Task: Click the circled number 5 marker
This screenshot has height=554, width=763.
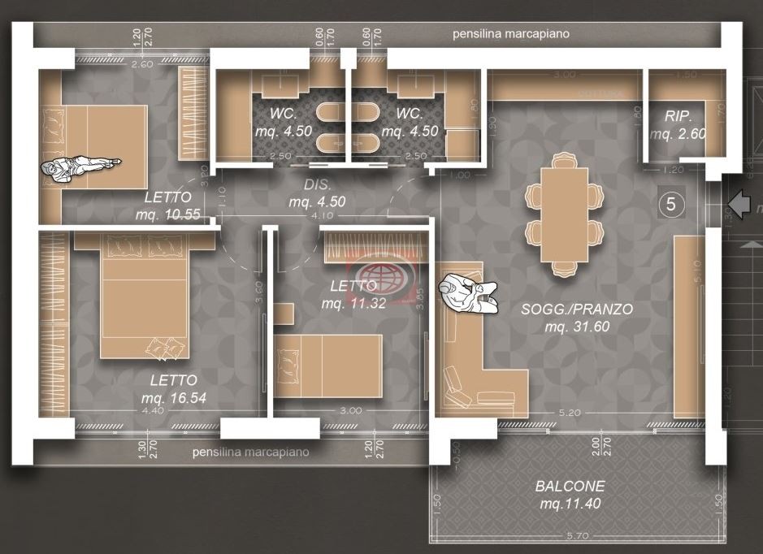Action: click(671, 204)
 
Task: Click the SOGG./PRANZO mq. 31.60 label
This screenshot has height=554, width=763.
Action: click(577, 318)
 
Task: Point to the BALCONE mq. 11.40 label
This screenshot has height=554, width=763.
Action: click(570, 495)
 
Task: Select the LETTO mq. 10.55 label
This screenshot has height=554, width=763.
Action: click(167, 206)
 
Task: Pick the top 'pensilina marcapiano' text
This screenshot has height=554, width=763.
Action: click(511, 34)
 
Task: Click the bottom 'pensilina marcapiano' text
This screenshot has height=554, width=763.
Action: click(250, 452)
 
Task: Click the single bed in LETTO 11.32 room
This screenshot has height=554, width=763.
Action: click(328, 366)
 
